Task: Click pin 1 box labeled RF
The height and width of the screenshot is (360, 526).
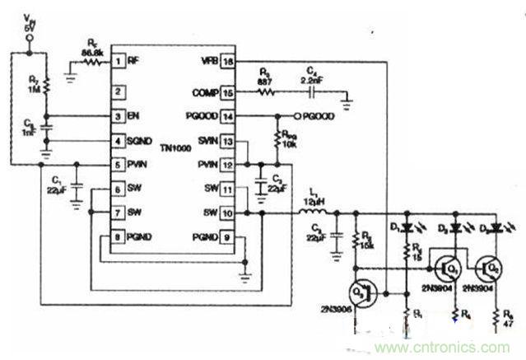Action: [x=119, y=60]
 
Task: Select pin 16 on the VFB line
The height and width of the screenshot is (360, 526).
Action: [x=228, y=60]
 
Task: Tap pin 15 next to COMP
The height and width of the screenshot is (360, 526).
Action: [x=228, y=93]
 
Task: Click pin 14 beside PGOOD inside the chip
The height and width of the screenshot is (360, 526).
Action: [x=228, y=117]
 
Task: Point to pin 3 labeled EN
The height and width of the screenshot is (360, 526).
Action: [x=119, y=117]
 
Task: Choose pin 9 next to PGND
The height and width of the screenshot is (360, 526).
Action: [x=228, y=236]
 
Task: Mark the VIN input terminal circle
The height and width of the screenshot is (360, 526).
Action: [x=30, y=38]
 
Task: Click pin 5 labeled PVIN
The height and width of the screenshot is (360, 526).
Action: [x=119, y=165]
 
